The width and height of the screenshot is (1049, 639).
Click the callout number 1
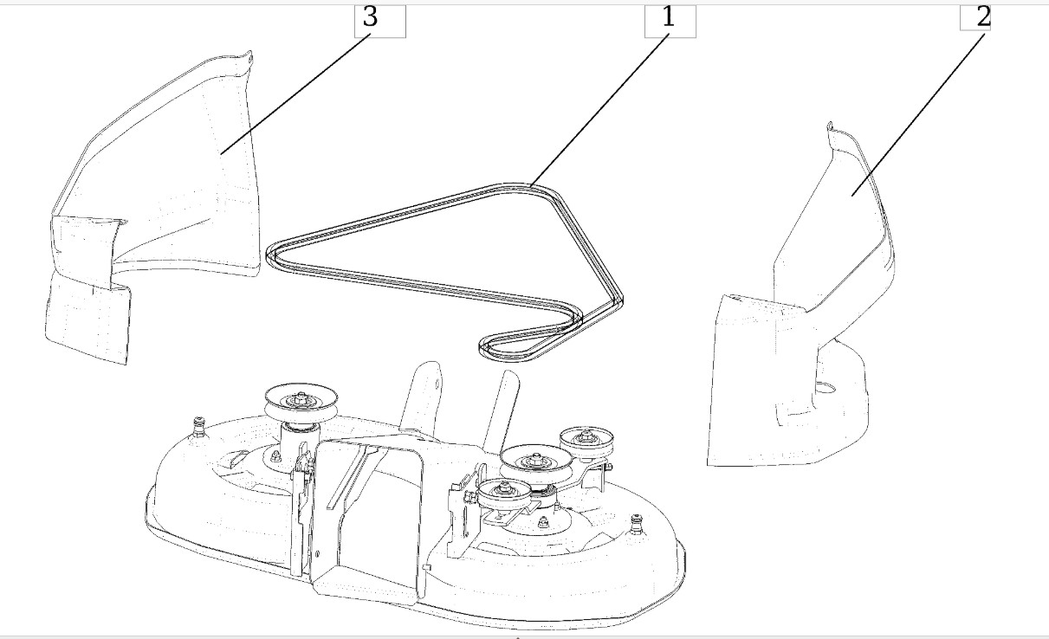point(668,17)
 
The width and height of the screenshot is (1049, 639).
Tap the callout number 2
point(983,17)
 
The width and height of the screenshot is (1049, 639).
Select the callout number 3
point(370,17)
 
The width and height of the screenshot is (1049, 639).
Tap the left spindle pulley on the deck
point(301,402)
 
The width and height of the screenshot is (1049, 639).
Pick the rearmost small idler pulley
point(586,442)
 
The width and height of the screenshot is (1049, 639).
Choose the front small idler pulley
point(505,494)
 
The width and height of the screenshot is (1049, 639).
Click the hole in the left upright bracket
point(437,384)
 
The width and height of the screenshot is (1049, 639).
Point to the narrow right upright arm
point(501,411)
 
